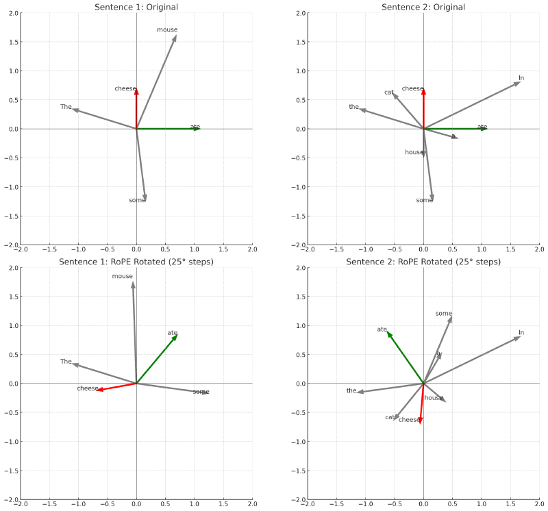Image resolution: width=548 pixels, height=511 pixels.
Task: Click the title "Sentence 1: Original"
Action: pos(136,7)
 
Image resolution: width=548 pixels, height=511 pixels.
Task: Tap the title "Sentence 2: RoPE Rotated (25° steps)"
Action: pos(423,262)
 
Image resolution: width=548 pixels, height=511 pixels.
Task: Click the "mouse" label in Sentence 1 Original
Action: pos(167,30)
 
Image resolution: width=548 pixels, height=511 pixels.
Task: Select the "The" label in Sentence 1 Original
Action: pos(66,107)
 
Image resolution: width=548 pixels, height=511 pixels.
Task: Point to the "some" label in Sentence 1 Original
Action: pos(137,200)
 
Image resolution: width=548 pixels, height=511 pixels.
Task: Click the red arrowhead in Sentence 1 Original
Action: pos(136,91)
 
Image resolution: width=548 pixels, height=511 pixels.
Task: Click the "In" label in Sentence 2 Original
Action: pos(521,78)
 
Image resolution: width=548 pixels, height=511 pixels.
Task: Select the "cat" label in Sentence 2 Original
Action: pos(389,92)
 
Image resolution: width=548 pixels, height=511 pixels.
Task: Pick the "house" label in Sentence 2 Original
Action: pos(414,152)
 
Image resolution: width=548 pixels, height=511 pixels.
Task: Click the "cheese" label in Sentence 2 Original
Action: pos(412,88)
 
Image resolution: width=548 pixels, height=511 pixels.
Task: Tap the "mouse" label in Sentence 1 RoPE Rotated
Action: pos(123,276)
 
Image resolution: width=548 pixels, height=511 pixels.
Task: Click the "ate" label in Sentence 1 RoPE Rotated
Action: pos(173,333)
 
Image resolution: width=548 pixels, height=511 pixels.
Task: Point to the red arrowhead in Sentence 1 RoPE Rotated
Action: pos(99,390)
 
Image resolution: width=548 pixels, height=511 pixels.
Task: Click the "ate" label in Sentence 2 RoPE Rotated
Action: pos(382,329)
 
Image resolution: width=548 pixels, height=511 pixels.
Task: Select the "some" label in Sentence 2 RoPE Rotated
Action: pos(444,314)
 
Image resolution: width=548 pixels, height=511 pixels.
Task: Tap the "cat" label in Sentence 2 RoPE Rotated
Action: pos(390,417)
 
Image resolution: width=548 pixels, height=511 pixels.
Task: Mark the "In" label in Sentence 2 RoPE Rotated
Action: pos(521,333)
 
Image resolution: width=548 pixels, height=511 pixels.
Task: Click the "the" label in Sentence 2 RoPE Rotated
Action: pos(351,390)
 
